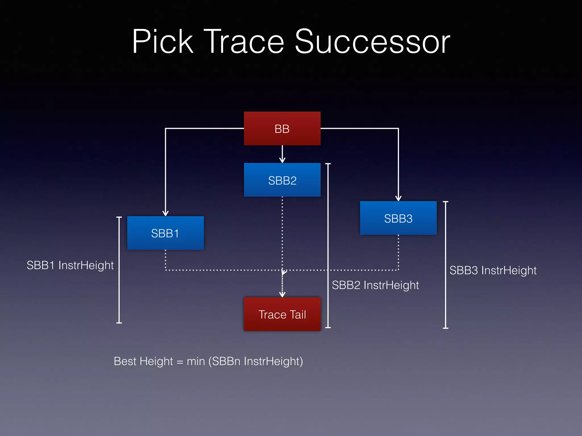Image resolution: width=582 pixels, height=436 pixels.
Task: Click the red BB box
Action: pyautogui.click(x=282, y=129)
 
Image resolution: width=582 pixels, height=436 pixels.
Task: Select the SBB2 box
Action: pyautogui.click(x=282, y=180)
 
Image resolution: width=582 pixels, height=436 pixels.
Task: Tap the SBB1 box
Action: pyautogui.click(x=165, y=233)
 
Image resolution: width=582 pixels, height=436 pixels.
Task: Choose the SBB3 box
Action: pyautogui.click(x=398, y=218)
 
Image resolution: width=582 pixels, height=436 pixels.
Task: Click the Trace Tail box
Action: pyautogui.click(x=282, y=314)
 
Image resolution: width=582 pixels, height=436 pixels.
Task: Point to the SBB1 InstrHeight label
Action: pyautogui.click(x=70, y=265)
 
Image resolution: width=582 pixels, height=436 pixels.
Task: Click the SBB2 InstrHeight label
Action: pyautogui.click(x=375, y=285)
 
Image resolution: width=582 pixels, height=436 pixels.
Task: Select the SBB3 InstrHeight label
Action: pyautogui.click(x=493, y=271)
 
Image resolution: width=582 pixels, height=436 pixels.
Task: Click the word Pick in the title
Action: pyautogui.click(x=163, y=42)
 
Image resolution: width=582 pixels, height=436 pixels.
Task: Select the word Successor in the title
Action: pyautogui.click(x=372, y=42)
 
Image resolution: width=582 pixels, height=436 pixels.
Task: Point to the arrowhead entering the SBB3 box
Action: pyautogui.click(x=398, y=198)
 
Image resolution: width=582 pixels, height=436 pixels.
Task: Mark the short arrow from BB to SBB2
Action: pyautogui.click(x=282, y=154)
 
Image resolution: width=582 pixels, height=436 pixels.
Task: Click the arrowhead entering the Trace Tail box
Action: pyautogui.click(x=282, y=294)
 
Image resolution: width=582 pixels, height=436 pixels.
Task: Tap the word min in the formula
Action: pyautogui.click(x=196, y=361)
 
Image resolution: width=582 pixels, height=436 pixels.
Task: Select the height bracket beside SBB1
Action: pyautogui.click(x=119, y=270)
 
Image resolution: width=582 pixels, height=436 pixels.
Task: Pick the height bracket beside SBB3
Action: pyautogui.click(x=445, y=265)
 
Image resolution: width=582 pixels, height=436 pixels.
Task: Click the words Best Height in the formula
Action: pyautogui.click(x=143, y=361)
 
